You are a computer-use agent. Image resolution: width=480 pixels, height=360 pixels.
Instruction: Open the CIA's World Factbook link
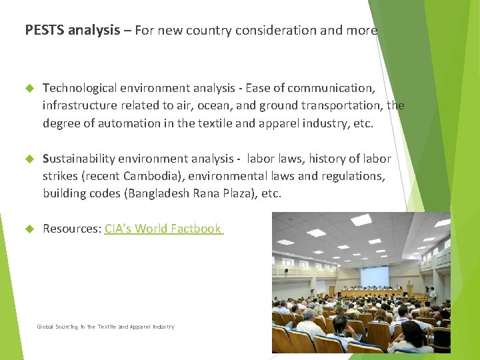click(163, 229)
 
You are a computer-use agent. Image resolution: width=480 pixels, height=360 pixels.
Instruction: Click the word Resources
click(71, 229)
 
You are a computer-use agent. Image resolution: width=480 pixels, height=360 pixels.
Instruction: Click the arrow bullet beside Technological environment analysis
click(29, 88)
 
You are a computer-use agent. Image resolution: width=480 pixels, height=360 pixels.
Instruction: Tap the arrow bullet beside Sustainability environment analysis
click(29, 159)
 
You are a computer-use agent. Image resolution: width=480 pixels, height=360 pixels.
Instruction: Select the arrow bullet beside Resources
click(29, 229)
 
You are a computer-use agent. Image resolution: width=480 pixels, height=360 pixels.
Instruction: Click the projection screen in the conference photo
click(374, 276)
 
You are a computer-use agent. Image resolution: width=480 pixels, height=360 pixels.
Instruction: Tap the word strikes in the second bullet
click(60, 176)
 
